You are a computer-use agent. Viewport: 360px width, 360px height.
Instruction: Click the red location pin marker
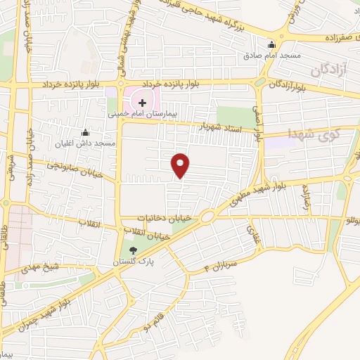181,165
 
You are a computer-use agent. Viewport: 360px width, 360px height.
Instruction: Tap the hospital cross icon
142,102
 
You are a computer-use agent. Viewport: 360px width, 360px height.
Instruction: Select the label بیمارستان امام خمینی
143,112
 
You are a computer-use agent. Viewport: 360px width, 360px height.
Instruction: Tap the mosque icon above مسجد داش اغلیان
86,132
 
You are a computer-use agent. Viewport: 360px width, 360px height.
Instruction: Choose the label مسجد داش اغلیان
86,143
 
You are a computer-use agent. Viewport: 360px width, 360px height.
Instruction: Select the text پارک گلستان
134,260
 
